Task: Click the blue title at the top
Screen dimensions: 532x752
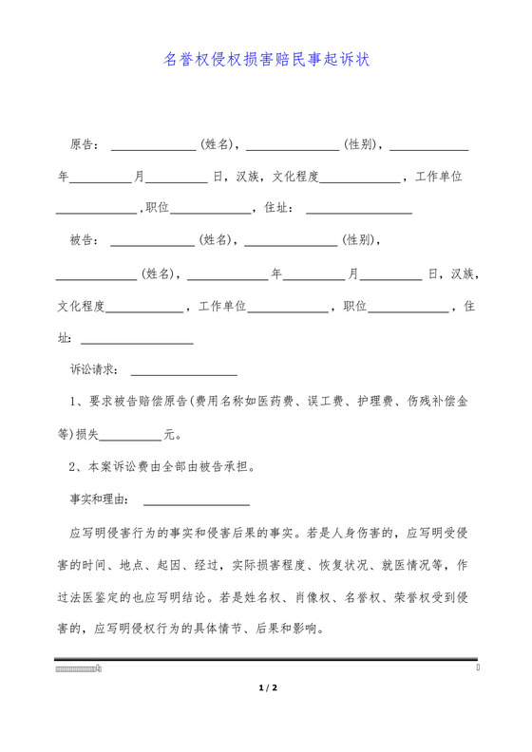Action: (266, 59)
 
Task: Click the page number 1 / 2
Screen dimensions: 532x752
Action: (266, 686)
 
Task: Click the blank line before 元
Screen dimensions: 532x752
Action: (130, 438)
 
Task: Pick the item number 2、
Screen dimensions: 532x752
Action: (78, 466)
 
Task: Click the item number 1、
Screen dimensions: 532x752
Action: (78, 402)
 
